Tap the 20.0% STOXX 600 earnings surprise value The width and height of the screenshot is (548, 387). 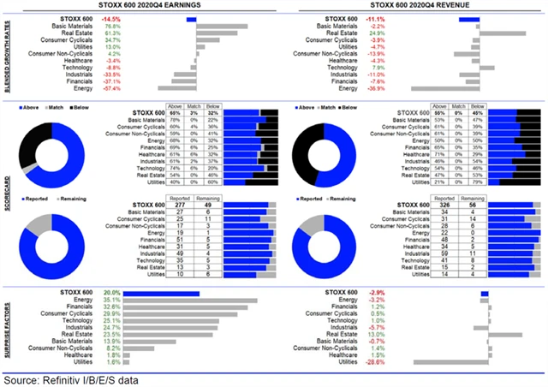[x=111, y=293]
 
